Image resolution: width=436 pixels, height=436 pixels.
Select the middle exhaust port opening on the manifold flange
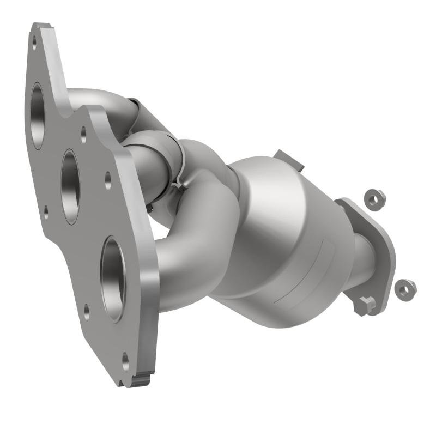[70, 185]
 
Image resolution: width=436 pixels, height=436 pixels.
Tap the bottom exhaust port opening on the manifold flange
[113, 278]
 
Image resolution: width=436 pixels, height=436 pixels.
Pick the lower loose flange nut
[405, 289]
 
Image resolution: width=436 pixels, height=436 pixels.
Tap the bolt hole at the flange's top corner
[34, 40]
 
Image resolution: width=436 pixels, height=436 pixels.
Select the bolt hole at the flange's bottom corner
[125, 359]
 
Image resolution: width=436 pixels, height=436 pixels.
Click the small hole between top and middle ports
[83, 132]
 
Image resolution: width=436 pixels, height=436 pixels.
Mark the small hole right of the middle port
[108, 177]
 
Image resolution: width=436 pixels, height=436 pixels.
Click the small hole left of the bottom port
[86, 312]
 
